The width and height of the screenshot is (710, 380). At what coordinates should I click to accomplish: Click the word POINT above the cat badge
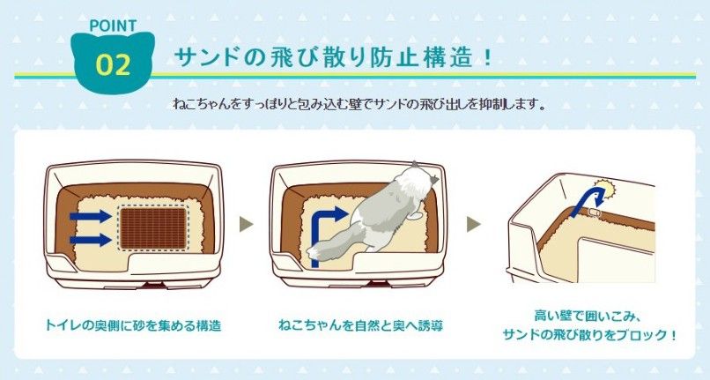point(114,26)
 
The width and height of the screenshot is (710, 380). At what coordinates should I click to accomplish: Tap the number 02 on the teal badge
point(114,65)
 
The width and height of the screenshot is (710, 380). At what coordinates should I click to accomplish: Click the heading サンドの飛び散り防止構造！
point(334,58)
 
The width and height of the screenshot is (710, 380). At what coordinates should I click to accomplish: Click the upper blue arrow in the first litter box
point(90,216)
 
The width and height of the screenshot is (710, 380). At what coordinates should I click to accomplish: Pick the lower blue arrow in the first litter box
point(90,240)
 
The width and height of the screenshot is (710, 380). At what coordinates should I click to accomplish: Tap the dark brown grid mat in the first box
point(153,228)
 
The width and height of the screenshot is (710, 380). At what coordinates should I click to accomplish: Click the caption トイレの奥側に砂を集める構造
point(133,325)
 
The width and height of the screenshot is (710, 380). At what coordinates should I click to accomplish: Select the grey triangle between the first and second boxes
point(246,224)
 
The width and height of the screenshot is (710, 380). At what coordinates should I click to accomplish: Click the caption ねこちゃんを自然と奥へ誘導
point(361,325)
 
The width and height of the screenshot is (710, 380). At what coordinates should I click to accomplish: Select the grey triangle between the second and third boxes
point(474,224)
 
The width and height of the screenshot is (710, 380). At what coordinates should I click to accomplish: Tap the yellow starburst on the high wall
point(605,187)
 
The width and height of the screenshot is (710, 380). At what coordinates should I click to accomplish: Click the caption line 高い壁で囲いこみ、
point(587,315)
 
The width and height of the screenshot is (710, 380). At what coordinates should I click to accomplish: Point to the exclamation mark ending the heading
point(487,58)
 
